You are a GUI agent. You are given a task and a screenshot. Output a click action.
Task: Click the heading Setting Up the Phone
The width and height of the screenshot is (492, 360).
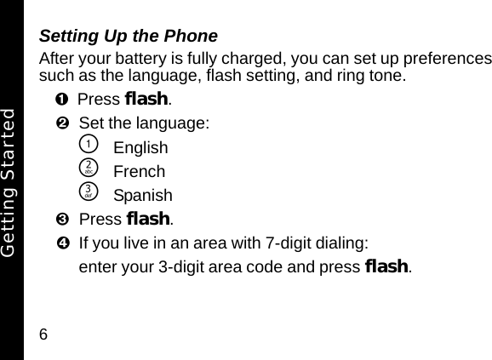129,37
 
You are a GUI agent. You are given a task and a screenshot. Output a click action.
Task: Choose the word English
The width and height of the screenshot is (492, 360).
140,147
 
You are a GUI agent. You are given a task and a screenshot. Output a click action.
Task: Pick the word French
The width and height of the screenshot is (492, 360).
139,171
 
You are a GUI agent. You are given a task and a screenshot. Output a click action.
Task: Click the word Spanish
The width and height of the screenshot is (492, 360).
142,195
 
